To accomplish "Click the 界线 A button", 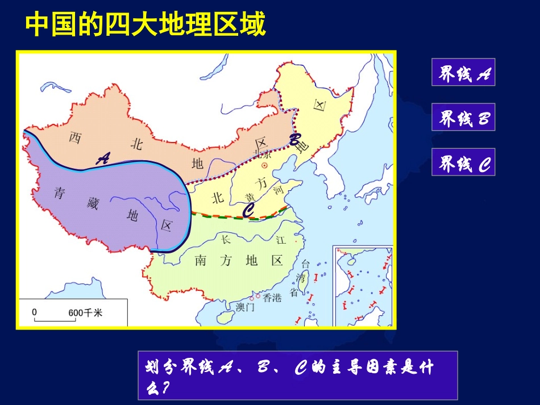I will point(463,72).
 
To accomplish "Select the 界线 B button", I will point(463,118).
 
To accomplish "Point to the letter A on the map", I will point(103,159).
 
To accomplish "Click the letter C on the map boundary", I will point(248,210).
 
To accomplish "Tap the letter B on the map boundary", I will point(294,140).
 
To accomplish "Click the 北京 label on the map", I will point(263,154).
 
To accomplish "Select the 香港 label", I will point(272,298).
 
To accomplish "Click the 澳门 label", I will point(246,307).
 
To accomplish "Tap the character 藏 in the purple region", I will point(93,203).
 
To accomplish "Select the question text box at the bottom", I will point(297,375).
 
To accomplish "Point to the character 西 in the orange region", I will point(74,138).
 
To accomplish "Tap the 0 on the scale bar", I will point(34,312).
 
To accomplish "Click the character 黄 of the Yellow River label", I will point(250,197).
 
